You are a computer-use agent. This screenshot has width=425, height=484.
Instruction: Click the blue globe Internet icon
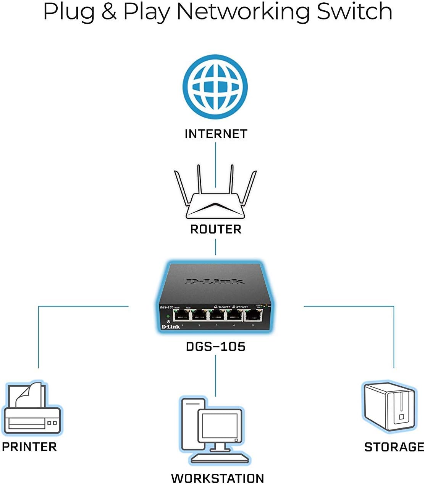tap(215, 87)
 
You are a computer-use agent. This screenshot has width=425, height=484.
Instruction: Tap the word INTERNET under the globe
tap(216, 134)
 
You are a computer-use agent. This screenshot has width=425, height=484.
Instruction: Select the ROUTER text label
tap(216, 229)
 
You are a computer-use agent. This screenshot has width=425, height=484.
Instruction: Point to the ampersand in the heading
tap(109, 11)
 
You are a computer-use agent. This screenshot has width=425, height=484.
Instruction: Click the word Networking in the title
tap(243, 11)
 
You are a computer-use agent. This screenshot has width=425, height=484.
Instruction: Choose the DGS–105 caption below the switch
tap(216, 347)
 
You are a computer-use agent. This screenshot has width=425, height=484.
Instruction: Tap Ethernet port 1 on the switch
tap(182, 315)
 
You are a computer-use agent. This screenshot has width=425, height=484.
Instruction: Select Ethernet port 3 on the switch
tap(217, 315)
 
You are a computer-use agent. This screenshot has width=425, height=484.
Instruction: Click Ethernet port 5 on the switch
tap(253, 315)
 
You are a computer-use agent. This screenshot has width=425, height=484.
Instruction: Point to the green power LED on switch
tap(168, 316)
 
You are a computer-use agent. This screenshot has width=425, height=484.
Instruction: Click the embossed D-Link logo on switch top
tap(215, 282)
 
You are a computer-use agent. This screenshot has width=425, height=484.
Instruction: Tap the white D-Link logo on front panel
tap(171, 327)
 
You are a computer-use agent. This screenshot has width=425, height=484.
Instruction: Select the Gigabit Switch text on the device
tap(231, 307)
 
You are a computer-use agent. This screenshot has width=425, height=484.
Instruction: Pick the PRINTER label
tap(29, 447)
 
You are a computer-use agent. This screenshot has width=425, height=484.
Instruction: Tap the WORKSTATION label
tap(217, 478)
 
